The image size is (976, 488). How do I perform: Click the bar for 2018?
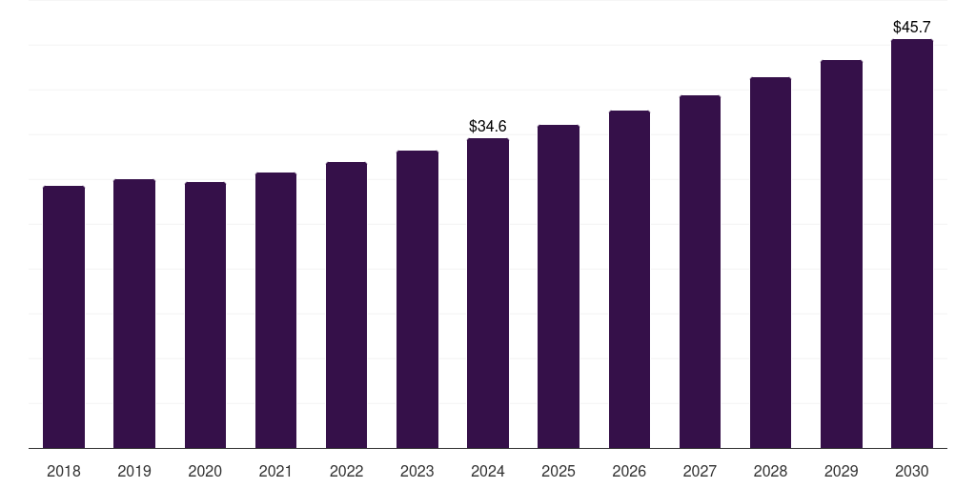tap(64, 316)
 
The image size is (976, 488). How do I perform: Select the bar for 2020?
tap(205, 315)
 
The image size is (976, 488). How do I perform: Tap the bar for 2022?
tap(346, 305)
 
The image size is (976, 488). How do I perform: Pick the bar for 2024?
tap(488, 293)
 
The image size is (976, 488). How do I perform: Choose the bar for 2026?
tap(629, 279)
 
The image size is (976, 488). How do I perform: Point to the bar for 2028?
tap(770, 262)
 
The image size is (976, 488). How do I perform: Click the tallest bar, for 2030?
tap(911, 243)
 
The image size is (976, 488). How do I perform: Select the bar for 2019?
tap(134, 314)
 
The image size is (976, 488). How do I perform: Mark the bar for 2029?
tap(841, 254)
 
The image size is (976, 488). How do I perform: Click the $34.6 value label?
tap(488, 126)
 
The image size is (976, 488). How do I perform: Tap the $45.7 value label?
tap(911, 27)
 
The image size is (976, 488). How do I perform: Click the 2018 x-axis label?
tap(64, 471)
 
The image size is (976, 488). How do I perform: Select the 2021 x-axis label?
tap(275, 471)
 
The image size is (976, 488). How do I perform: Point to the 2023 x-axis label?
tap(417, 471)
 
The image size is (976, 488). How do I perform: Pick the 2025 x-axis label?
tap(559, 471)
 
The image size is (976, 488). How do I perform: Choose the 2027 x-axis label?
tap(700, 471)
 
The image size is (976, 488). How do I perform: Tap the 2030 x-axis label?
tap(911, 471)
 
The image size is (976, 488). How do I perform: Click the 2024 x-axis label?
tap(488, 471)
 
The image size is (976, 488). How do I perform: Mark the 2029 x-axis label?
tap(841, 471)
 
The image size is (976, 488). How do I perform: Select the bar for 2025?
tap(559, 286)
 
